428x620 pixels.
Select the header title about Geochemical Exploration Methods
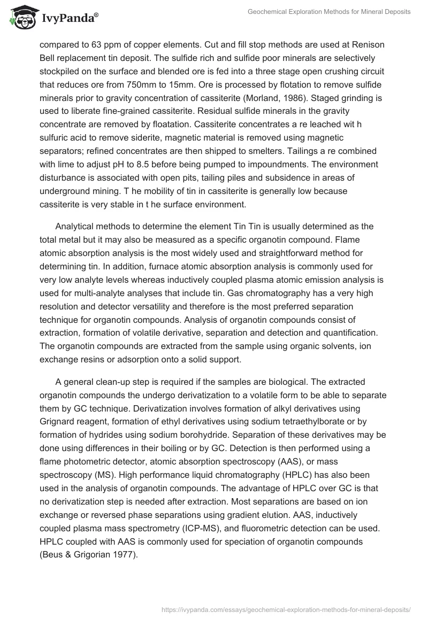pyautogui.click(x=329, y=12)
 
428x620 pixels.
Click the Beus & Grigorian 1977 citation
pyautogui.click(x=89, y=555)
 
